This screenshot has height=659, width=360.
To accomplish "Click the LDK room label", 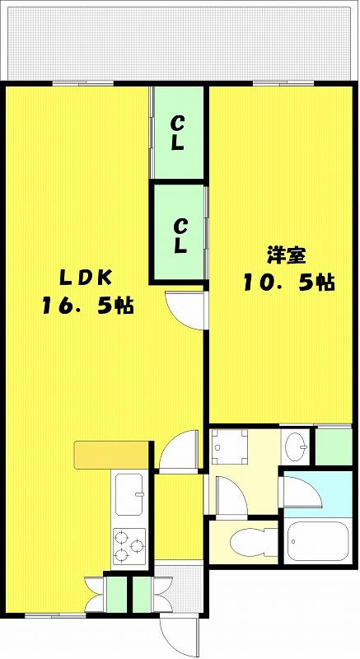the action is point(86,278).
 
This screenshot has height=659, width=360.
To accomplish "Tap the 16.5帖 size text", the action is point(87,306).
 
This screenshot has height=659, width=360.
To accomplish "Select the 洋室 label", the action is point(285,255).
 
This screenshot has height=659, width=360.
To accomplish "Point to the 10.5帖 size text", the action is point(288,283).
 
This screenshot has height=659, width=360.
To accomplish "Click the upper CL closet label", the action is point(177,133).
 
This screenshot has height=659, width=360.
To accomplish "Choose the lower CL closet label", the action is point(180,236).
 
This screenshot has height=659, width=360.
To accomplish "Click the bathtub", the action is point(318,541).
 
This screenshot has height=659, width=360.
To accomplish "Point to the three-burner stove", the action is point(129,546).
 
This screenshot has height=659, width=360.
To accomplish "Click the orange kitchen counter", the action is point(111,455).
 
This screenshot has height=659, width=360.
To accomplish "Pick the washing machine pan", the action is point(229,446).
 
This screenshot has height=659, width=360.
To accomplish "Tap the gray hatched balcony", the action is point(180,44).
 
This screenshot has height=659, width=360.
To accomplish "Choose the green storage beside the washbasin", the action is point(334,446).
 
